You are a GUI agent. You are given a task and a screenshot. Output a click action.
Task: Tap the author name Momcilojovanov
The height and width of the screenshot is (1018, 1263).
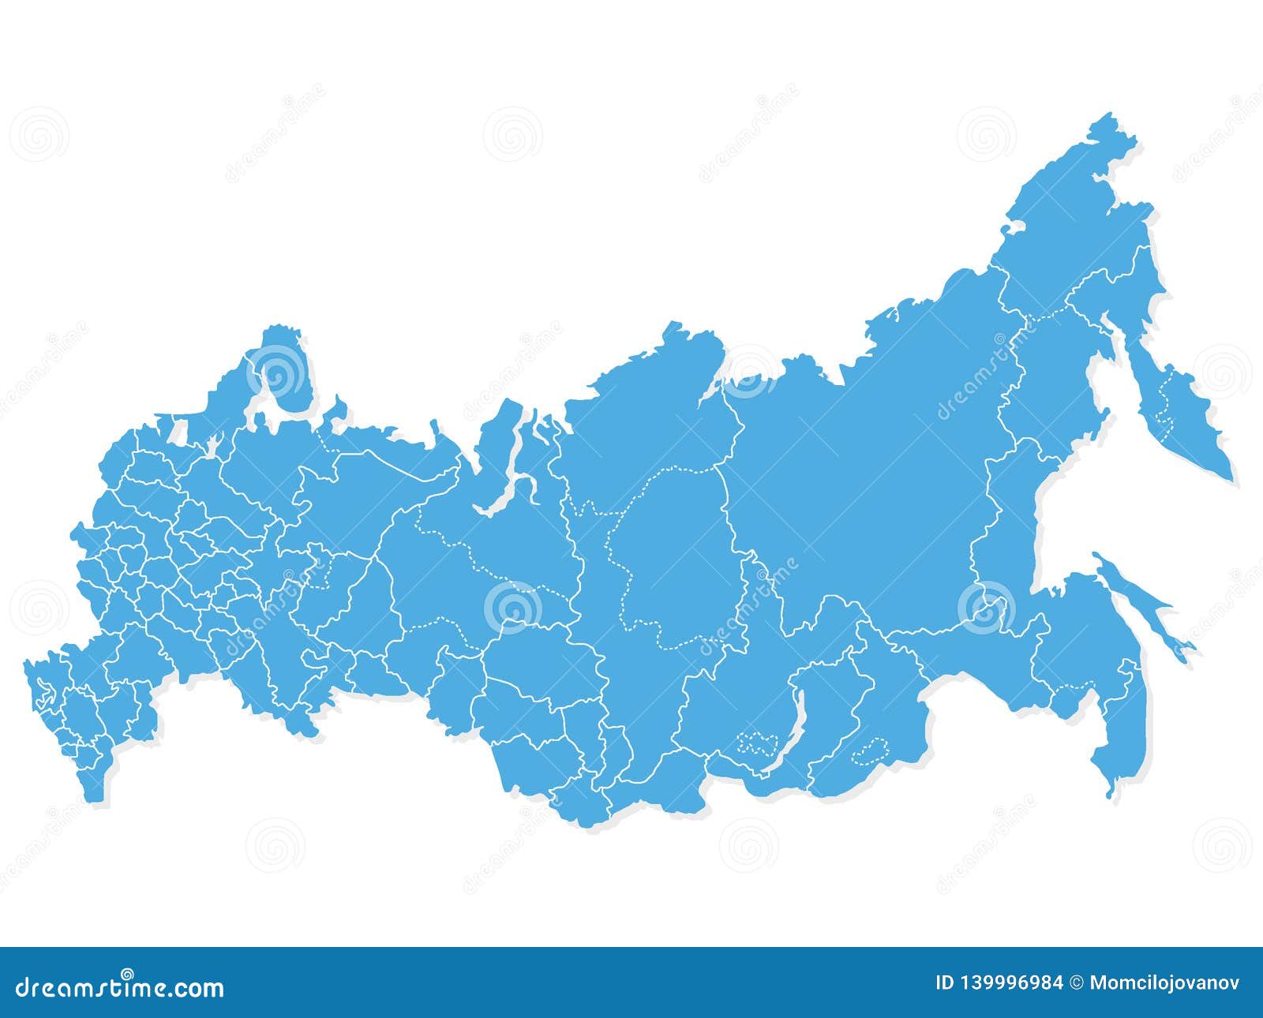pos(1164,983)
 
